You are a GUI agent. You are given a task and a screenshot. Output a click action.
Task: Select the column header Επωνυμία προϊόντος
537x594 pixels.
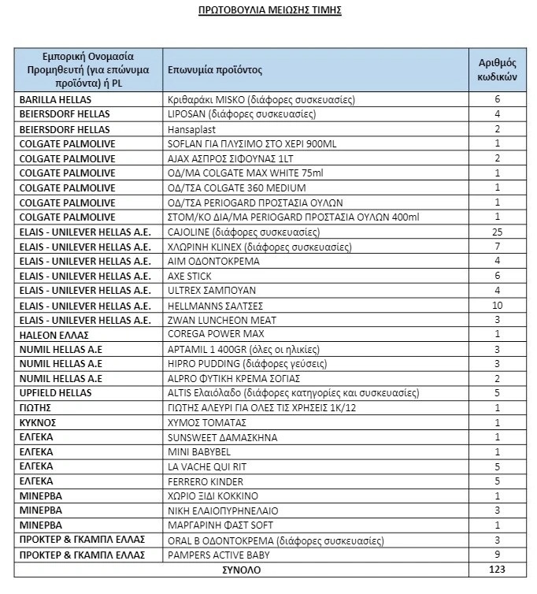[215, 70]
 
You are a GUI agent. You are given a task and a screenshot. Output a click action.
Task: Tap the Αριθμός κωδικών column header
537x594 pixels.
[498, 70]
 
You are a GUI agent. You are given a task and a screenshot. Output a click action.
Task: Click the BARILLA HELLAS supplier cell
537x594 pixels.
[56, 100]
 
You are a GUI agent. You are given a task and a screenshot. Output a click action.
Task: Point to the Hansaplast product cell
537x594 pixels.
[191, 129]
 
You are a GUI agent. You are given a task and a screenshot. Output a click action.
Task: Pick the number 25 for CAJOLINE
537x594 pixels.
[498, 232]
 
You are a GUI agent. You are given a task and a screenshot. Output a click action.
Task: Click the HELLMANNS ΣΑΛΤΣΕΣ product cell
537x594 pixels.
[215, 306]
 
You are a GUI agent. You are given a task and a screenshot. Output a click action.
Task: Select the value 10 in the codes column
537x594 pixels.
[498, 306]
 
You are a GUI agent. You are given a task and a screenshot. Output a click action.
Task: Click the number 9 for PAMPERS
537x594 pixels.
[498, 555]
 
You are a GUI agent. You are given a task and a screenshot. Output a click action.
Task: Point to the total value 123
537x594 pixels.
[498, 569]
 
